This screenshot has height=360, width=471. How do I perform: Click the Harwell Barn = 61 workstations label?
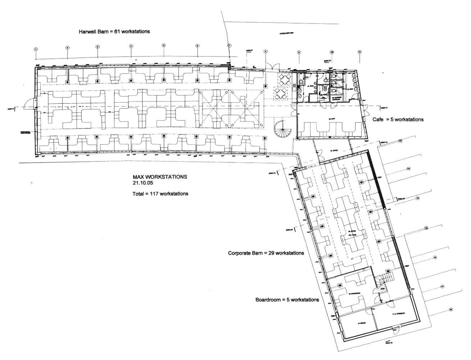coord(114,32)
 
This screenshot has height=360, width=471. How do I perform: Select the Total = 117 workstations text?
coord(160,194)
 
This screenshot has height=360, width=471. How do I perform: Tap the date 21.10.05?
coord(143,183)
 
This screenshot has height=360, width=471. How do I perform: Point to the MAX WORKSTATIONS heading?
coord(160,177)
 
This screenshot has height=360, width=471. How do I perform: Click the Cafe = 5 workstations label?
coord(398,119)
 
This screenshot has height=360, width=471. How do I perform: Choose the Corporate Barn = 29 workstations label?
coord(266,253)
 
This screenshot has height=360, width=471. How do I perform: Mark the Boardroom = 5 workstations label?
coord(287,300)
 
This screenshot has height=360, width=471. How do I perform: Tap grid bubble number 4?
coord(131,46)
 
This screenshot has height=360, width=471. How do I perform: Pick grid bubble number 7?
coord(229,45)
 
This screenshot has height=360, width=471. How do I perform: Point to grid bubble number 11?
coord(359,52)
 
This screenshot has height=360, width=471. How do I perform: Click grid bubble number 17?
coord(442,287)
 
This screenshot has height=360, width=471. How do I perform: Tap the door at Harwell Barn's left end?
coord(28,107)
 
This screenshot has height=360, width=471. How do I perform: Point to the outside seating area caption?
coord(287,33)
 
